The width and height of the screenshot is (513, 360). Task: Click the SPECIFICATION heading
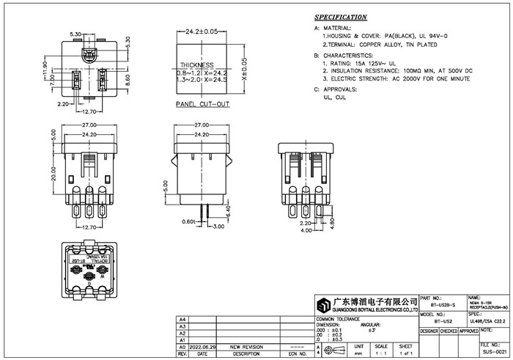tap(341, 17)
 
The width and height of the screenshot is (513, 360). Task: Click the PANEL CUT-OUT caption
tap(203, 105)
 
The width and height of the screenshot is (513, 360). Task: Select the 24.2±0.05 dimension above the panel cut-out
tap(202, 32)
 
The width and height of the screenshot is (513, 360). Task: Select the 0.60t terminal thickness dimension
tap(188, 221)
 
